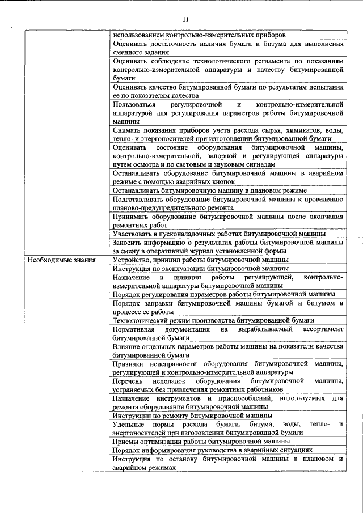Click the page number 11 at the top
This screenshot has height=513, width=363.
point(185,20)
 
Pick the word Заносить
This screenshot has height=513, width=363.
point(129,243)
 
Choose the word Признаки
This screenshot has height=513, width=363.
point(131,363)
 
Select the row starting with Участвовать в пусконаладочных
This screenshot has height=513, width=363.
point(219,234)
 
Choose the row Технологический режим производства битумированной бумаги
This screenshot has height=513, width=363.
point(213,320)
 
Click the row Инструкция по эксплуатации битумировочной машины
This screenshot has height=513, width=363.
point(201,268)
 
